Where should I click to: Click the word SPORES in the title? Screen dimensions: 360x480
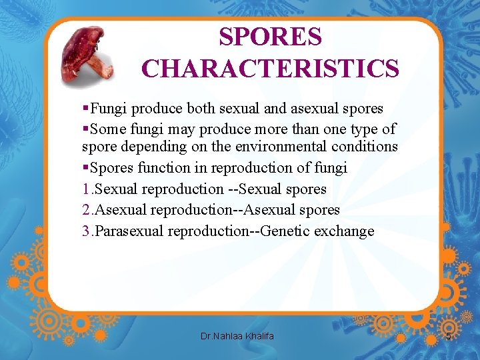[x=270, y=37]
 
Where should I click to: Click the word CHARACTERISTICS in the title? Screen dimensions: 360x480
[x=270, y=68]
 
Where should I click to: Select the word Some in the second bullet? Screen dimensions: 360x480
[x=107, y=129]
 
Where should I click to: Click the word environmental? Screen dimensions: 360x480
[x=281, y=147]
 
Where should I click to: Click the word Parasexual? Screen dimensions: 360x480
[x=130, y=231]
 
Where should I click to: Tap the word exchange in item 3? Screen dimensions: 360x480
[x=345, y=231]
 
